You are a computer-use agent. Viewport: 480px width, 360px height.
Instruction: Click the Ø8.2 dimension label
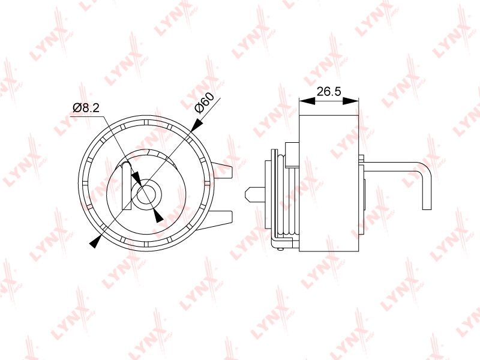86,108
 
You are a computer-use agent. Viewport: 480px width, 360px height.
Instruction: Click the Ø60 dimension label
204,103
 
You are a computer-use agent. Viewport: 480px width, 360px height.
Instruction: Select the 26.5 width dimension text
328,91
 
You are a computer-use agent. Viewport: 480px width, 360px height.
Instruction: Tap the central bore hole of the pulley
146,194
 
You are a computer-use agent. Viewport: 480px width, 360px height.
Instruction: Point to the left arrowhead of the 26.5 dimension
307,101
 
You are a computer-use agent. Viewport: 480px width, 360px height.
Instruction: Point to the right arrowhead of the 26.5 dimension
350,101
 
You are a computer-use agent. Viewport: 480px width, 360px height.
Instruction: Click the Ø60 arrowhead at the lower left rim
95,241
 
